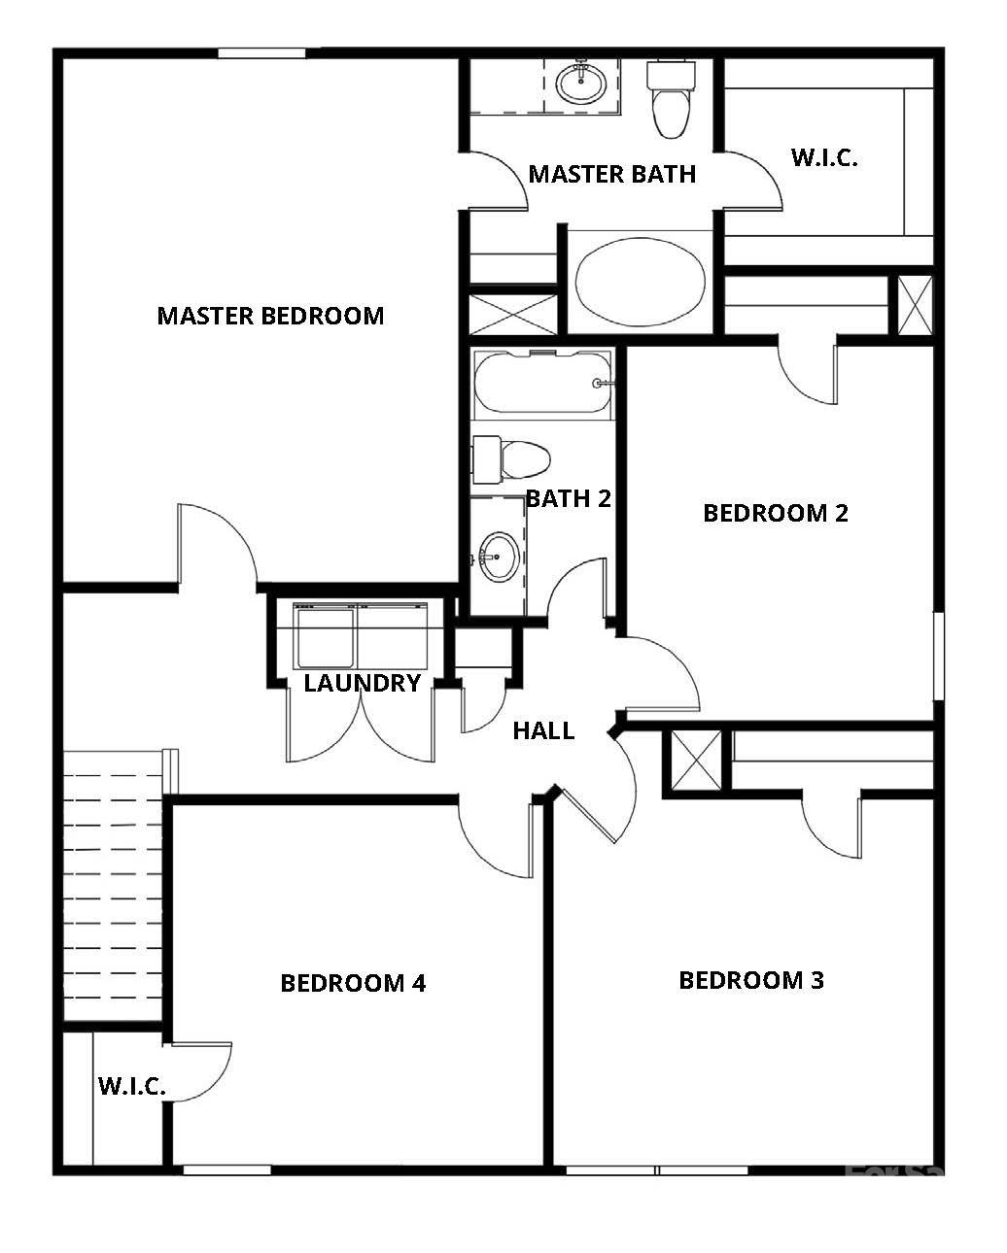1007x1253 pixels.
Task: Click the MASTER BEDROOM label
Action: pos(270,316)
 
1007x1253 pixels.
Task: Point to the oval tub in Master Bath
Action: pos(640,281)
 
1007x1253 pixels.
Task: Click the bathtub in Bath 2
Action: pos(542,384)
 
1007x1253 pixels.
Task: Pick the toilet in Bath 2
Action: pos(513,459)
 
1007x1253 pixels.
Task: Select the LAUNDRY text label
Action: pos(362,683)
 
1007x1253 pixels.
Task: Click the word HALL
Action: pos(543,730)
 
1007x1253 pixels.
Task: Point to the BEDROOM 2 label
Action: pos(775,513)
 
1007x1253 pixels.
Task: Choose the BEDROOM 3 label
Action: pos(750,980)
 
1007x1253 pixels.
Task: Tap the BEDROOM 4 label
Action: pos(353,983)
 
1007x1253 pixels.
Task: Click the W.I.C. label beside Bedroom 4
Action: pos(131,1086)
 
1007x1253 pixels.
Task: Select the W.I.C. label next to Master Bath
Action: pos(824,158)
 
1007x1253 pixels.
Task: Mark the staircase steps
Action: pos(113,884)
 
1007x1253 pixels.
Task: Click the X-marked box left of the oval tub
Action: pos(513,315)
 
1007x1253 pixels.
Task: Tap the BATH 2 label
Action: pos(569,498)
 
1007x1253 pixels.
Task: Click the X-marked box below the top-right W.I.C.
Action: pos(914,305)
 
